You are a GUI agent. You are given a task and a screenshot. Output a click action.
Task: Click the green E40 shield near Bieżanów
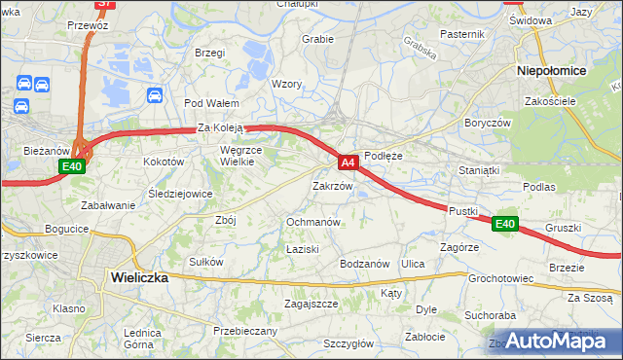point(71,167)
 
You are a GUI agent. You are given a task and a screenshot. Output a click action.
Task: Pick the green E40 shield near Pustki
point(503,224)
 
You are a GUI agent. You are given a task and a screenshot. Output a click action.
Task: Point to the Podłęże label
point(383,155)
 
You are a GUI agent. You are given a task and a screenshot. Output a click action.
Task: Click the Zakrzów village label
point(332,185)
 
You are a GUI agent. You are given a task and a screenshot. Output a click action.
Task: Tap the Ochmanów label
point(312,222)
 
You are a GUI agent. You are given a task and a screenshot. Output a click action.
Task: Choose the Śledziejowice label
point(180,194)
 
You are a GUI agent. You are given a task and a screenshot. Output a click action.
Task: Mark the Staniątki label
point(478,169)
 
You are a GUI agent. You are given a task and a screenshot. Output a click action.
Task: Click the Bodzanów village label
point(364,264)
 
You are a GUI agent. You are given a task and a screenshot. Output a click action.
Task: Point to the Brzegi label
point(209,52)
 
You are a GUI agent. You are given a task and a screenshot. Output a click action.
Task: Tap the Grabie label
point(317,39)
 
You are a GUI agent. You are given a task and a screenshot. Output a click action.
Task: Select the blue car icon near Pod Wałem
point(154,94)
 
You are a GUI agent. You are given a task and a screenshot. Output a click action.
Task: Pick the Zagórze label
point(458,248)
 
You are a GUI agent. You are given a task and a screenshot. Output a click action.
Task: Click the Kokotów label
point(164,162)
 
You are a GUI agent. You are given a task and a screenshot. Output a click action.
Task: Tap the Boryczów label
point(487,124)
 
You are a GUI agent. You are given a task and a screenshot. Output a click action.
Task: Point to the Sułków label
point(206,262)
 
